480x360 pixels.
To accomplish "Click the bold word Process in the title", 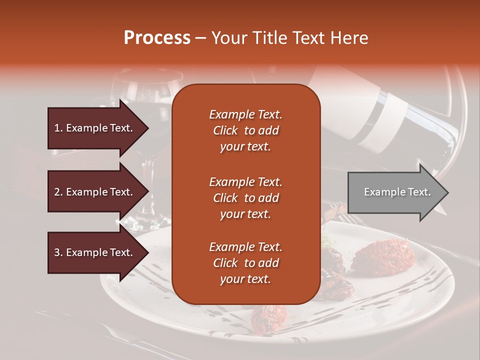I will [157, 38].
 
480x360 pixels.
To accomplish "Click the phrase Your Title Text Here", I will [289, 38].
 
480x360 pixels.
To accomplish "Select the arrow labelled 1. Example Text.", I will [95, 128].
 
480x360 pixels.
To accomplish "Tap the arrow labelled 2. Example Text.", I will [95, 192].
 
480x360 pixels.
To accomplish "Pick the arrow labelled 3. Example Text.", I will [95, 252].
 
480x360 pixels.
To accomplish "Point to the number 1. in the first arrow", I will [58, 128].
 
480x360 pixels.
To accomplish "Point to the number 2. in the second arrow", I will [58, 192].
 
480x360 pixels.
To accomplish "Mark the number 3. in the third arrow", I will [58, 252].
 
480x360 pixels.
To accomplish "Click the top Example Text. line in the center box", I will [245, 114].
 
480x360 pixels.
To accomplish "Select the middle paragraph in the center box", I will [245, 198].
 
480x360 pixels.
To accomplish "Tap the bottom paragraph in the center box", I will [245, 263].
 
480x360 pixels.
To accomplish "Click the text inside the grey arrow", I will [397, 192].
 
